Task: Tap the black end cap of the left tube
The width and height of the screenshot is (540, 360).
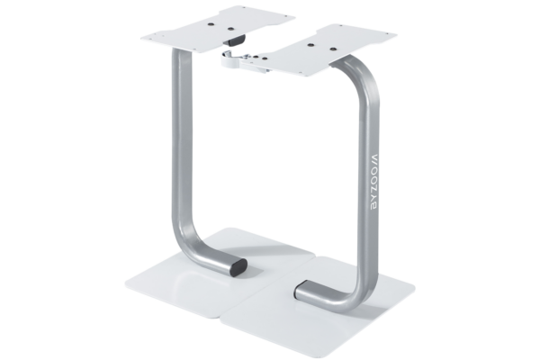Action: (238, 268)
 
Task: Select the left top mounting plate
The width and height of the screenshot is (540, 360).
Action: (218, 29)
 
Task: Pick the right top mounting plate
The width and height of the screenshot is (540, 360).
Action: (320, 50)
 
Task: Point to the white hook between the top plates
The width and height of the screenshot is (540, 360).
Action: (231, 59)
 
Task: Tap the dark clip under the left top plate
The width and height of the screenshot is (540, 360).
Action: (234, 40)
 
